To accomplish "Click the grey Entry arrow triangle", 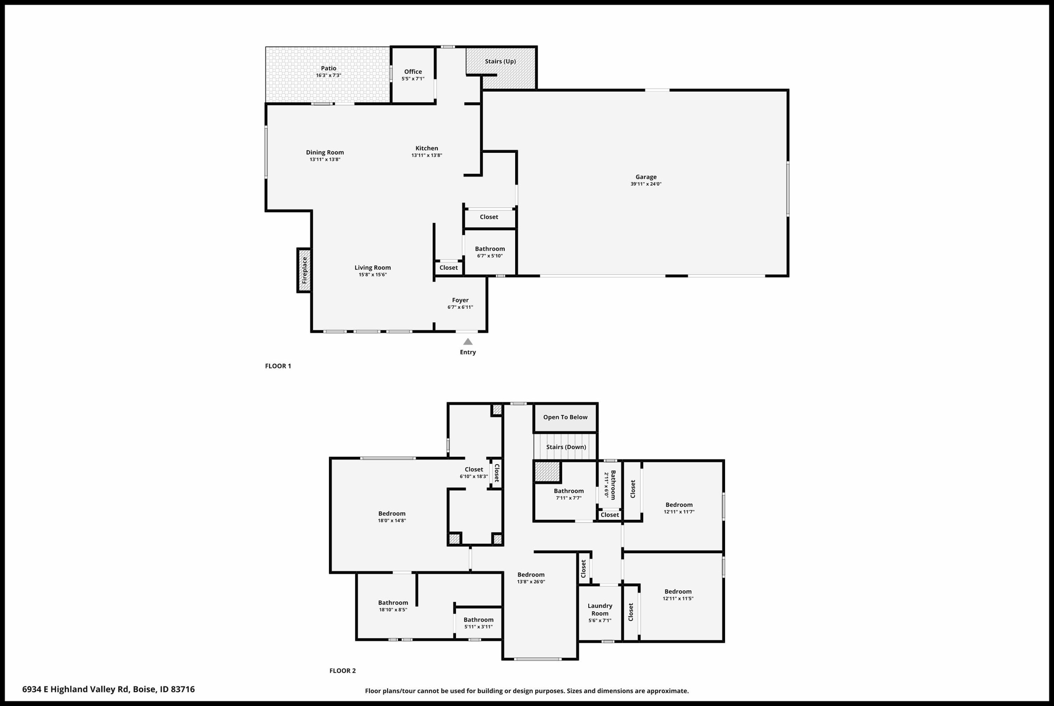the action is pos(468,342).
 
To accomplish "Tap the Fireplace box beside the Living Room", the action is pos(304,270).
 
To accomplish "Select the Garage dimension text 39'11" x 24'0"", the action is pos(646,184).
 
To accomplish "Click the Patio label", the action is pos(329,68).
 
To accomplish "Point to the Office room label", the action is pos(413,72).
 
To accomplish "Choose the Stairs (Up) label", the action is pos(500,62).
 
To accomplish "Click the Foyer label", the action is pos(460,301).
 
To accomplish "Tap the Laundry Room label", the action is pos(600,610).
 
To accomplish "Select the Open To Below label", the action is pos(565,417).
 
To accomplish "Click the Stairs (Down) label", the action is pos(566,447).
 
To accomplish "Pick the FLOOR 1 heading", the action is pos(278,366).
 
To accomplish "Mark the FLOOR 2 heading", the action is pos(343,671).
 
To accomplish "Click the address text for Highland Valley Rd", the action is pos(109,690).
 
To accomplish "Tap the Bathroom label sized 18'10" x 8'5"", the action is pos(393,603).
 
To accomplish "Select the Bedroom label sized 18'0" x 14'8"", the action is pos(392,514).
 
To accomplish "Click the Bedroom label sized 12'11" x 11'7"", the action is pos(679,505).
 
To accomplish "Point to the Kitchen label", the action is pos(427,148).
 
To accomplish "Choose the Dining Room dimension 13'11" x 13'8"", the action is pos(325,160).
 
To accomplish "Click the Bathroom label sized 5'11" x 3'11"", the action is pos(479,620).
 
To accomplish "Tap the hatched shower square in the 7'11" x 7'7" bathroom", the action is pos(547,472).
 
